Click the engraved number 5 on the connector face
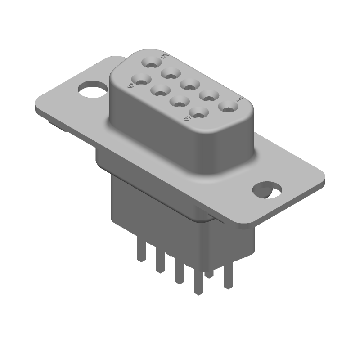pos(165,57)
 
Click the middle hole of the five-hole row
pos(189,84)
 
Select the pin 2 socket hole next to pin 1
pos(209,95)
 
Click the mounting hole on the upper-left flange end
pos(91,89)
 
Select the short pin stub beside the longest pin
pos(208,273)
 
